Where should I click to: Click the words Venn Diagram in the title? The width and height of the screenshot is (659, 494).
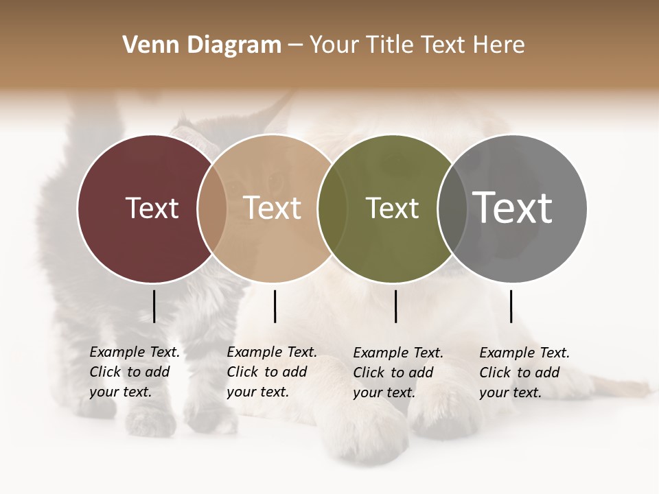(x=202, y=45)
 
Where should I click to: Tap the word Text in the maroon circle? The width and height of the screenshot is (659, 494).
(x=152, y=208)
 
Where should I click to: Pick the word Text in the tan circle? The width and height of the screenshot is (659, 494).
(x=273, y=208)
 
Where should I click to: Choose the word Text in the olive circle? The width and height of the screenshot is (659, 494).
(x=392, y=208)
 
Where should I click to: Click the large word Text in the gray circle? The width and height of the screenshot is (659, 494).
(x=513, y=207)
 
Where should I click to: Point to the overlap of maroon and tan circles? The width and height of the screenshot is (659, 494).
(x=212, y=209)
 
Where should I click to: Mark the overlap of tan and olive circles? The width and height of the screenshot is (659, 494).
(x=332, y=209)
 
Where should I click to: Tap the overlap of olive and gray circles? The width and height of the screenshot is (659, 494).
(x=452, y=209)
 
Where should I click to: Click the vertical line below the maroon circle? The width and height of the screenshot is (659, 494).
(x=154, y=306)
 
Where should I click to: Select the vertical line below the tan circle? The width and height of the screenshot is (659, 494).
(x=275, y=306)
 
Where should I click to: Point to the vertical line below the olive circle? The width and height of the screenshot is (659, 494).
(x=395, y=306)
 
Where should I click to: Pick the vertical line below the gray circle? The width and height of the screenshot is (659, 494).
(x=511, y=306)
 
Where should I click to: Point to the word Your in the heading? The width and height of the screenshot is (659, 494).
(x=335, y=45)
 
